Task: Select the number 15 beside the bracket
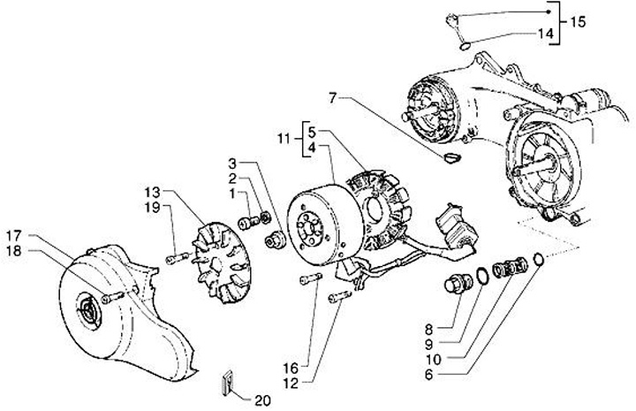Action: click(x=577, y=20)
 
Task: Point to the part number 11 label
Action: click(x=283, y=139)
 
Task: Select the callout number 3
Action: click(x=233, y=164)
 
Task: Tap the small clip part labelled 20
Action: click(x=226, y=382)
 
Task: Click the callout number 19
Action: click(x=151, y=207)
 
